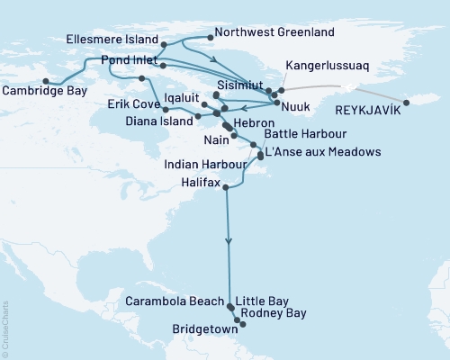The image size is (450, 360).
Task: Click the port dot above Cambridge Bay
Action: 46,79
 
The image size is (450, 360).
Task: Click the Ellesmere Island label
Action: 112,40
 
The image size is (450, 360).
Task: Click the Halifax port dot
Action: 225,187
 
